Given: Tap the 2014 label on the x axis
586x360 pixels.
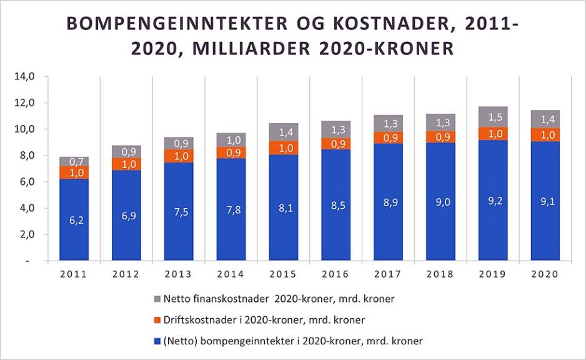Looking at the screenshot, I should coord(231,274).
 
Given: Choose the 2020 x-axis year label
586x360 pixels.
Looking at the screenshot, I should coord(545,274).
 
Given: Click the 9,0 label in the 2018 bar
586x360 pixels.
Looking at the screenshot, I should coord(441,201).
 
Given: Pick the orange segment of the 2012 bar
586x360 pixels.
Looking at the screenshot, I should coord(127,164).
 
